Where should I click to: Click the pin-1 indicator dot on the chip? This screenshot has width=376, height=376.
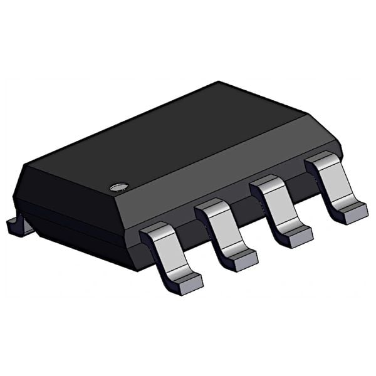(x=118, y=186)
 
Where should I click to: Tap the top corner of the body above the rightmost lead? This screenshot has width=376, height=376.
(x=307, y=115)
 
